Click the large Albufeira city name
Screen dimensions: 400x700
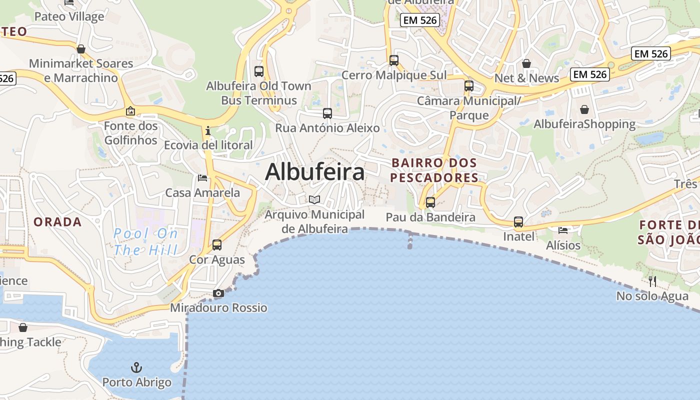coord(314,172)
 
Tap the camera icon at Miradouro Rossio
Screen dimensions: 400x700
coord(218,293)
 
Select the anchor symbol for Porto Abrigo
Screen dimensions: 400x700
coord(136,368)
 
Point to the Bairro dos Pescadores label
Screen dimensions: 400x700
coord(434,170)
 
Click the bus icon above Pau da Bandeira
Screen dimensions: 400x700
coord(430,202)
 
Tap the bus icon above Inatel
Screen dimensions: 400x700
coord(518,222)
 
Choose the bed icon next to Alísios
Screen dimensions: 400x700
coord(563,230)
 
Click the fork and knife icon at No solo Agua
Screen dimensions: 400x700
coord(652,281)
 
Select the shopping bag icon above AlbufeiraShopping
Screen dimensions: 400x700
coord(584,109)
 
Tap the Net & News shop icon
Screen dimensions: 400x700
coord(526,63)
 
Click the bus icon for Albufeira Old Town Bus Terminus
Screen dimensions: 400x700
coord(258,71)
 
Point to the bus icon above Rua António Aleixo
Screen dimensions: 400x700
coord(327,113)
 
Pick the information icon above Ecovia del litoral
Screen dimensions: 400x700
coord(208,131)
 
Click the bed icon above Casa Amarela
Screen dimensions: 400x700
coord(202,178)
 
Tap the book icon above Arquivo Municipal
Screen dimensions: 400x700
coord(314,200)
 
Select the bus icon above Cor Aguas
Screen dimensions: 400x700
coord(216,245)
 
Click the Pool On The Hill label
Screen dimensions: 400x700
coord(145,241)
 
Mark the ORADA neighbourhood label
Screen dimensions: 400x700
coord(57,222)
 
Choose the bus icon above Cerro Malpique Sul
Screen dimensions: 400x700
coord(394,60)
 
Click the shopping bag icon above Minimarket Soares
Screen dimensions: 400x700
coord(81,49)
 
